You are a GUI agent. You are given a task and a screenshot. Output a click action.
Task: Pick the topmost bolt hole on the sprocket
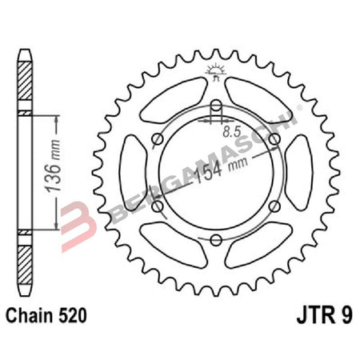coord(216,106)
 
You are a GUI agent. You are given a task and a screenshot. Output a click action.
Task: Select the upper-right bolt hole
coord(275,140)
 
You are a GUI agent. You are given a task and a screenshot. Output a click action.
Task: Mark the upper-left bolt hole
coord(157,140)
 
